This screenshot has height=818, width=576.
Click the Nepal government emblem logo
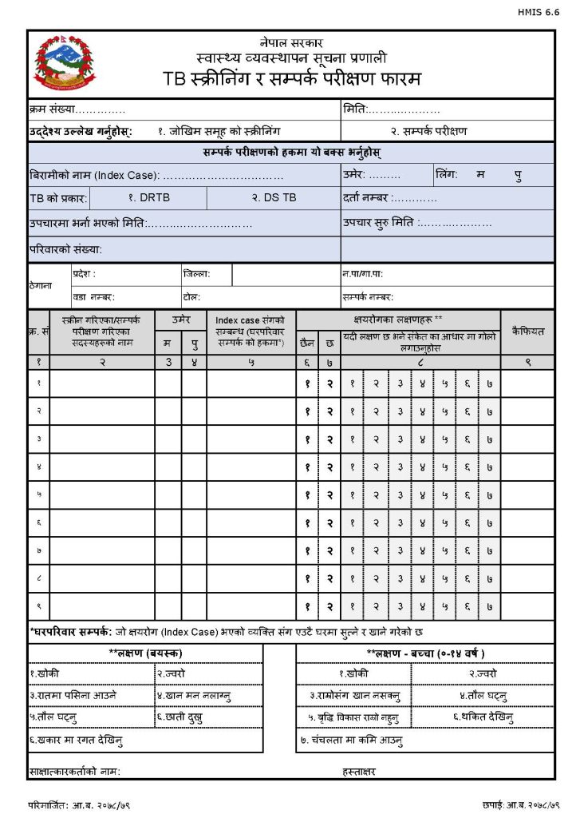pyautogui.click(x=65, y=63)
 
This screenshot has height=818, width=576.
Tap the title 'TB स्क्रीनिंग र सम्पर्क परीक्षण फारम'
pyautogui.click(x=291, y=80)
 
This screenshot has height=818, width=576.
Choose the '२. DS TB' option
pyautogui.click(x=274, y=197)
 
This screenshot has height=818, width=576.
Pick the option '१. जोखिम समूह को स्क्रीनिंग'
pyautogui.click(x=219, y=131)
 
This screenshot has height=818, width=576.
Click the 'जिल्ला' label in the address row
pyautogui.click(x=196, y=274)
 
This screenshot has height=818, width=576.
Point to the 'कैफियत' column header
pyautogui.click(x=527, y=331)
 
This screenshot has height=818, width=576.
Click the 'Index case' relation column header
pyautogui.click(x=251, y=332)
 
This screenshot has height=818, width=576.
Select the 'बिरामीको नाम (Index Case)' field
pyautogui.click(x=156, y=175)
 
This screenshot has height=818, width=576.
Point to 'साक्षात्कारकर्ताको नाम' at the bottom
pyautogui.click(x=75, y=771)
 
